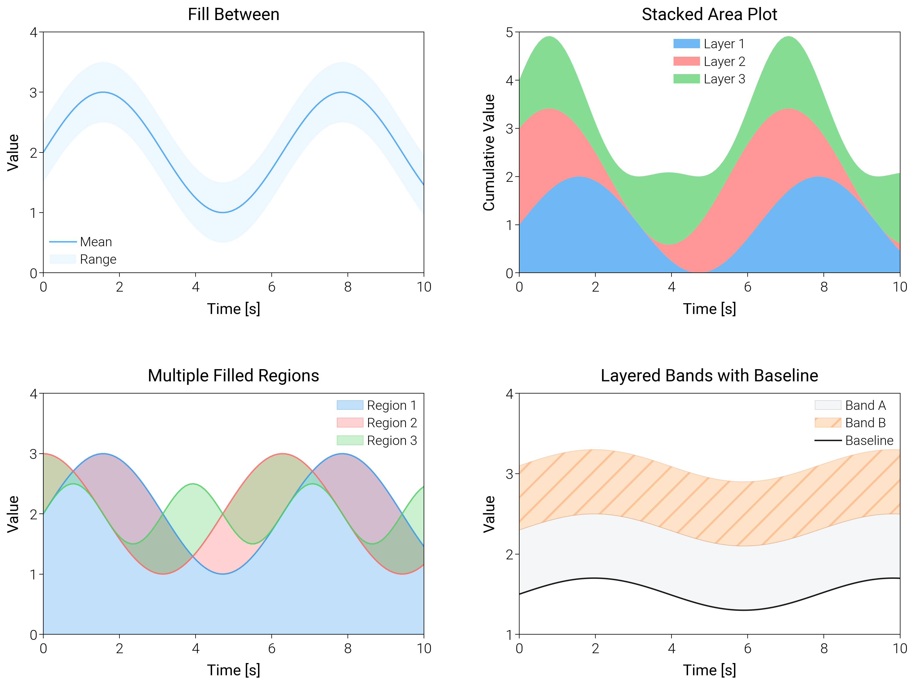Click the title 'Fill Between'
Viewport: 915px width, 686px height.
click(x=233, y=15)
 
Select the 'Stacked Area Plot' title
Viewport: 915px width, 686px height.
click(x=709, y=15)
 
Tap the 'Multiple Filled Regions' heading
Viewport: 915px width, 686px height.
click(x=233, y=376)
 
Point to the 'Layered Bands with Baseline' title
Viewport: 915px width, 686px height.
click(x=709, y=376)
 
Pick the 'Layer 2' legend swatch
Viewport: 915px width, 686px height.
click(x=686, y=61)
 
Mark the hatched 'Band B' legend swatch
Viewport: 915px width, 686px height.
click(x=828, y=423)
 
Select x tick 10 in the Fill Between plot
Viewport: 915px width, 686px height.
click(x=424, y=287)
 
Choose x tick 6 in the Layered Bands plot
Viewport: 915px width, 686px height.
click(x=747, y=648)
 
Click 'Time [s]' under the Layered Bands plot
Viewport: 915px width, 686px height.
click(x=709, y=670)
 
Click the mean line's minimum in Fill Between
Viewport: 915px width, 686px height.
click(x=223, y=213)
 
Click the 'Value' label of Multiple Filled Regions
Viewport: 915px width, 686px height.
click(x=13, y=514)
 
